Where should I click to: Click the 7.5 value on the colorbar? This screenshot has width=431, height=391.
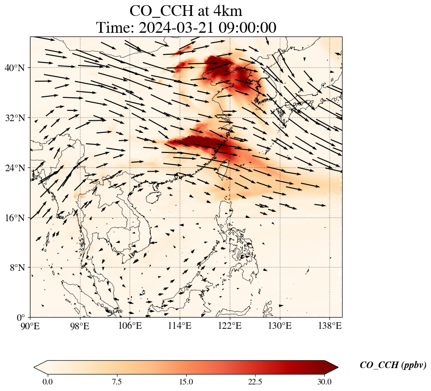pyautogui.click(x=117, y=382)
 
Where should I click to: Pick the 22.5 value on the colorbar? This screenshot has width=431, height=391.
pyautogui.click(x=255, y=382)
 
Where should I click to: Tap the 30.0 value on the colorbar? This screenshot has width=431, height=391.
pyautogui.click(x=324, y=382)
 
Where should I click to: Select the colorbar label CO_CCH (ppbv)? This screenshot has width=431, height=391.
pyautogui.click(x=393, y=365)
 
